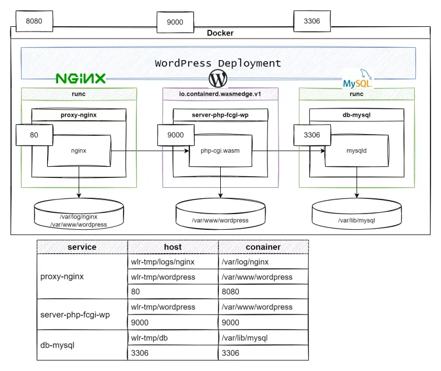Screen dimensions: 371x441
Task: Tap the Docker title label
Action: click(x=220, y=33)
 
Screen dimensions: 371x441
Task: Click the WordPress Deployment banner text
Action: click(x=218, y=63)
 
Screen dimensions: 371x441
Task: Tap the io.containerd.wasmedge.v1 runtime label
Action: click(x=220, y=94)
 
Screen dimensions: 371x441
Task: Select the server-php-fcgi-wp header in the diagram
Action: click(x=220, y=115)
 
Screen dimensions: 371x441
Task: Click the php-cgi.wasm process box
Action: click(x=220, y=150)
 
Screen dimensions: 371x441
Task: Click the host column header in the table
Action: click(x=172, y=247)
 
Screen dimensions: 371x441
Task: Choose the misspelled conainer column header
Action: click(x=263, y=247)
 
